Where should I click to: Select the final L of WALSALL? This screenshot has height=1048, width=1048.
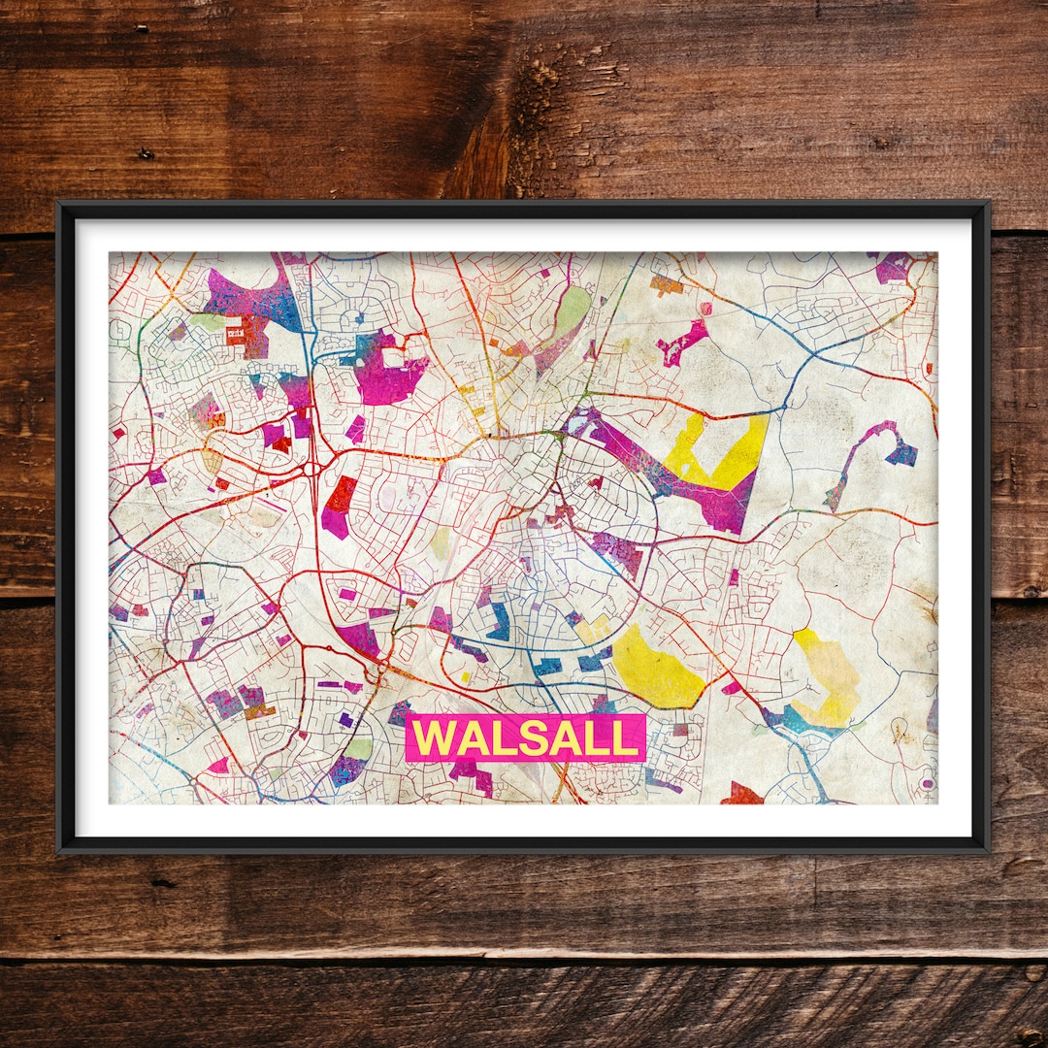coord(627,738)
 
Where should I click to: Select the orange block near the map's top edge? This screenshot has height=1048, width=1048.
coord(666,284)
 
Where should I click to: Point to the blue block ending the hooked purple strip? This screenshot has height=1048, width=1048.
coord(901,453)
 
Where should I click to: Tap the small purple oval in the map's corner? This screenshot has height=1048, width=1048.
coord(927,782)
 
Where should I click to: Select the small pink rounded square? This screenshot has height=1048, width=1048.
coord(705,309)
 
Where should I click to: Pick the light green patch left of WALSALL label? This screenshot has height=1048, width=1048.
coord(358,748)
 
